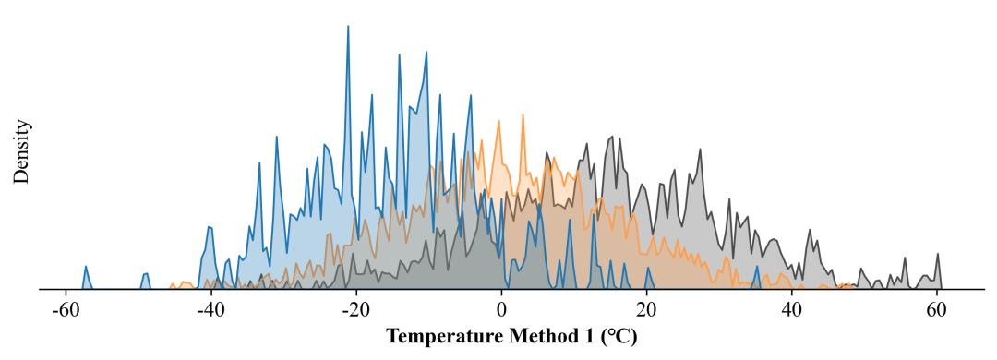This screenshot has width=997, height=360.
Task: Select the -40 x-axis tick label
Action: tap(210, 312)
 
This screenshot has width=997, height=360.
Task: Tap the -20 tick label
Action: tap(355, 312)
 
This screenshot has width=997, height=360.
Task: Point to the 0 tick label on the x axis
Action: tap(501, 312)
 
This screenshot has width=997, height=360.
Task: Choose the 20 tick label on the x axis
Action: tap(646, 312)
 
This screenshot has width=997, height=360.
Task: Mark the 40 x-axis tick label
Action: tap(792, 312)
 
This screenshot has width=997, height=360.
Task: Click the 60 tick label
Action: tap(937, 312)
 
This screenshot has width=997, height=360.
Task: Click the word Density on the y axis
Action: tap(21, 150)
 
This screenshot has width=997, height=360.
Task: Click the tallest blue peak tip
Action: tap(348, 26)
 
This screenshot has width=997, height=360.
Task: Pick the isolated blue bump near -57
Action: tap(86, 267)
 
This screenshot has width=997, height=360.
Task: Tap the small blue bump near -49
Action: tap(146, 274)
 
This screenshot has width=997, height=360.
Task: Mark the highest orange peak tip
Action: tap(523, 115)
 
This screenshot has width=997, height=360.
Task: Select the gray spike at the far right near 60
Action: tap(937, 255)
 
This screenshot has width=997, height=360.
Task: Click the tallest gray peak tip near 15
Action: tap(612, 136)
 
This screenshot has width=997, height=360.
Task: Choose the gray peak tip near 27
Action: tap(700, 150)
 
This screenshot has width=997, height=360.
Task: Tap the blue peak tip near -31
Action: tap(277, 137)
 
